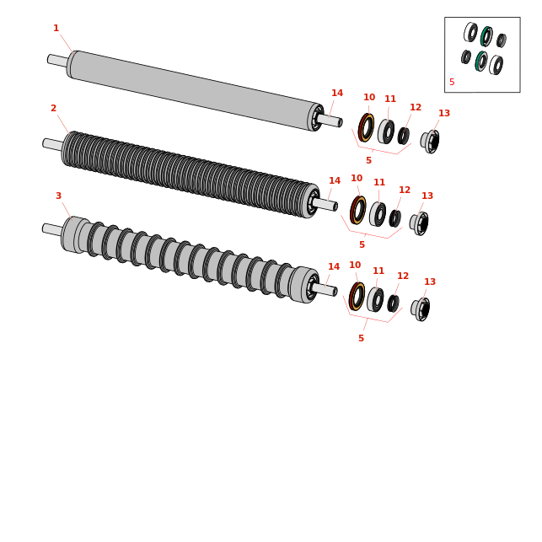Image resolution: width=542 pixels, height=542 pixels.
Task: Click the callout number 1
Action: tap(56, 28)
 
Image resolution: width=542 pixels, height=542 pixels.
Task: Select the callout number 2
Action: tap(53, 108)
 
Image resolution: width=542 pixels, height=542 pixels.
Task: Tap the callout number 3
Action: tap(58, 196)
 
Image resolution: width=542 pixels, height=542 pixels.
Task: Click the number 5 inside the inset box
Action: tap(452, 82)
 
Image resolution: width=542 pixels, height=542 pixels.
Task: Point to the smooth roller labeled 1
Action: tap(196, 91)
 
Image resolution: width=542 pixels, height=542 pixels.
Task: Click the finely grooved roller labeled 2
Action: tap(191, 174)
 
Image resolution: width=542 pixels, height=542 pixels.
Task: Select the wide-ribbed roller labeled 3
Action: tap(191, 260)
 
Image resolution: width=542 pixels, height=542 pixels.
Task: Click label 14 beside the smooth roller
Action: tap(337, 93)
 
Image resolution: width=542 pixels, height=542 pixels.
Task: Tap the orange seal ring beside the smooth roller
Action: tap(366, 127)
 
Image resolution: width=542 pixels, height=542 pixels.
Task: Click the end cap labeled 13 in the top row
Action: tap(430, 141)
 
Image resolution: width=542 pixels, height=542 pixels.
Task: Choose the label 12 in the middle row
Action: tap(405, 190)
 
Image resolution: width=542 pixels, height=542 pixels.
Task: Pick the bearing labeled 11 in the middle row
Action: tap(378, 214)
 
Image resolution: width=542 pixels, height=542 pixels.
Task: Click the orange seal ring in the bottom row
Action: tap(357, 296)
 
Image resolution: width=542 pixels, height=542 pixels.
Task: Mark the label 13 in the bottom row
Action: tap(430, 282)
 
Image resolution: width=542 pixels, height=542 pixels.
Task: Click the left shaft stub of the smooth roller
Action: tap(57, 61)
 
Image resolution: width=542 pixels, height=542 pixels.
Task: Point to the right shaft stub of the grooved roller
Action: tap(325, 204)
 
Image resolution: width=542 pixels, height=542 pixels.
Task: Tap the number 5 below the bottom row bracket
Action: tap(362, 338)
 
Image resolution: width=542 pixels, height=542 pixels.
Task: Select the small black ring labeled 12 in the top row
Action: tap(404, 136)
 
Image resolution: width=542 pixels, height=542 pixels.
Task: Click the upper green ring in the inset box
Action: tap(486, 36)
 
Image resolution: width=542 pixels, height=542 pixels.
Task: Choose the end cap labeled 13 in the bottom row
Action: tap(421, 309)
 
